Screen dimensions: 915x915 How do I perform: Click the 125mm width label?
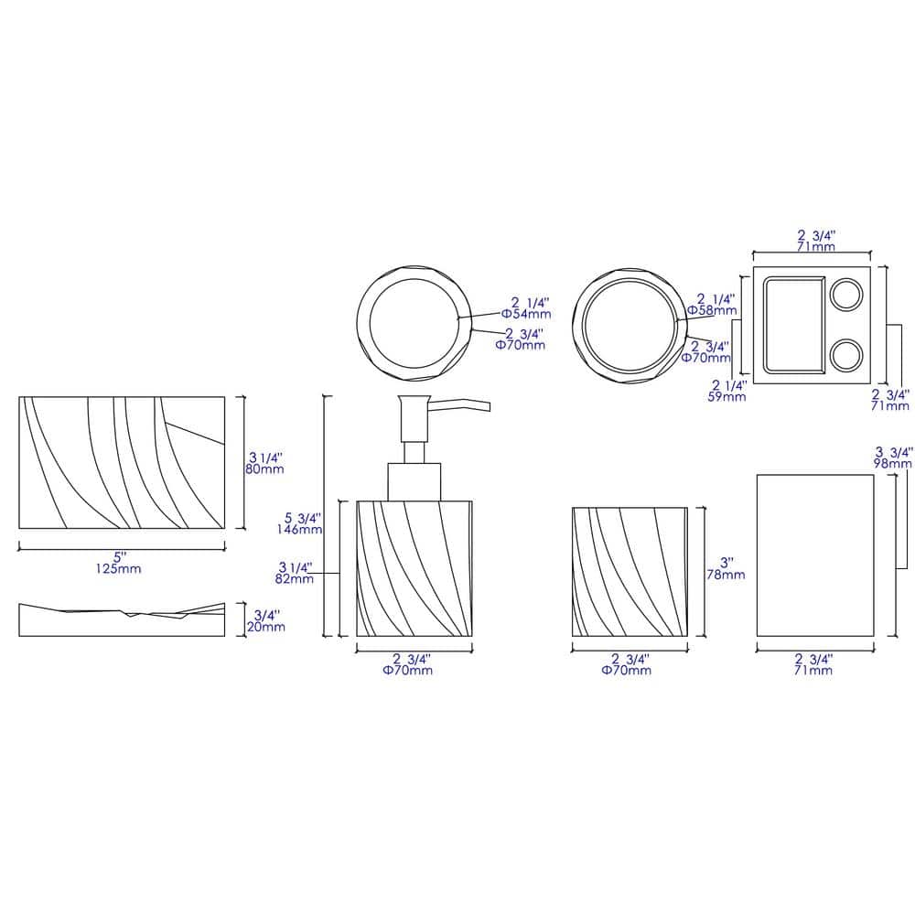click(119, 568)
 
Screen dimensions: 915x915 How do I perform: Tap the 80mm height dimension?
click(264, 468)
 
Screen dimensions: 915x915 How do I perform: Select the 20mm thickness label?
click(266, 627)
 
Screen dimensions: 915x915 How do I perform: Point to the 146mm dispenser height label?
click(299, 529)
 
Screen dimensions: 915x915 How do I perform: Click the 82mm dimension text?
click(295, 579)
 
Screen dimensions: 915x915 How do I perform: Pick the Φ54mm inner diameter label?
click(526, 314)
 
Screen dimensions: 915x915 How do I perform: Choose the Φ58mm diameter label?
click(712, 310)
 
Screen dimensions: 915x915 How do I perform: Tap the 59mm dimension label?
click(727, 397)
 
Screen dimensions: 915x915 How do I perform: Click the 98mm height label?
click(893, 463)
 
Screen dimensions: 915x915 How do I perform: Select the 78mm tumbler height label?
click(726, 575)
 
